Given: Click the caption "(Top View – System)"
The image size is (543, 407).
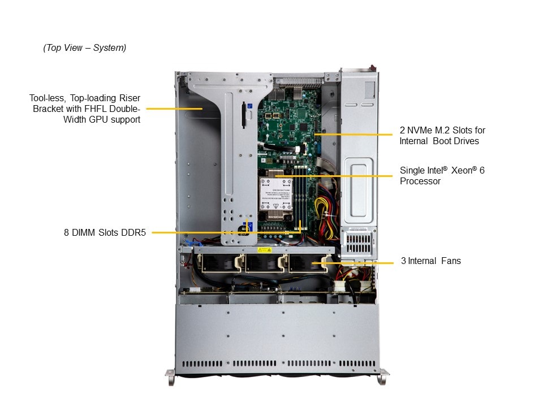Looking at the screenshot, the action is [84, 47].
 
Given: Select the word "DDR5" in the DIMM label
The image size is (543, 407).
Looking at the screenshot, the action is [133, 232].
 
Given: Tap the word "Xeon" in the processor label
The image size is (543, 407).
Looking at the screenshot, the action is [462, 170].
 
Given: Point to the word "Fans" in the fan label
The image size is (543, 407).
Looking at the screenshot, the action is [451, 261].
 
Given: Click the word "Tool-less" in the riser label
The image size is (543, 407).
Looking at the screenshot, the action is [47, 98].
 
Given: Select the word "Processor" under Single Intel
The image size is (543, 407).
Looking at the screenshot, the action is [420, 181].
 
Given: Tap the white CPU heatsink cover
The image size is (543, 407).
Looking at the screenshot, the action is [275, 194].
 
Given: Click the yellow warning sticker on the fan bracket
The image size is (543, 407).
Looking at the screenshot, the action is [264, 250].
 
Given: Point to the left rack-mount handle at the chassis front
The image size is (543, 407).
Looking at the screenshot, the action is [170, 377].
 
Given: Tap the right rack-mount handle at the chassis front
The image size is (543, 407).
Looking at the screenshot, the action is [383, 376].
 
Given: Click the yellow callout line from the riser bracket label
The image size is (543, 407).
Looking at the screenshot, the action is [174, 109].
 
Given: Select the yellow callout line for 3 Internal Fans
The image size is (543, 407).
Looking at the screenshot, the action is [352, 263].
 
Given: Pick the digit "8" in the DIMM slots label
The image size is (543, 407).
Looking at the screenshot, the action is [66, 232].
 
